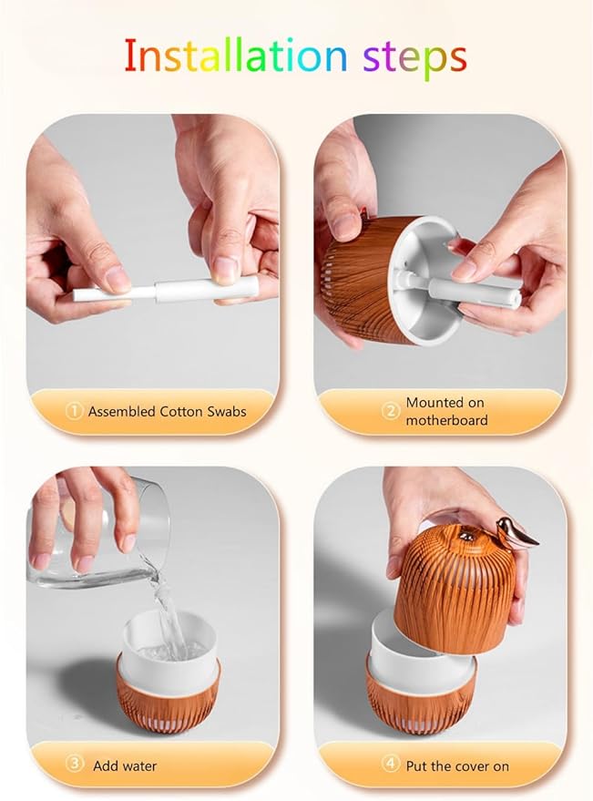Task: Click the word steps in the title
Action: tap(414, 58)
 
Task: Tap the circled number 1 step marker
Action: tap(74, 411)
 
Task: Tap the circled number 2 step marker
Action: tap(391, 411)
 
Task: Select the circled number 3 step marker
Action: tap(75, 765)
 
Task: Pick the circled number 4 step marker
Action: tap(391, 765)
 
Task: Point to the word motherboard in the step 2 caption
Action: tap(446, 420)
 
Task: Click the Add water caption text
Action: tap(125, 765)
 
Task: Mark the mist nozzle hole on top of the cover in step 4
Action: tap(465, 535)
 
